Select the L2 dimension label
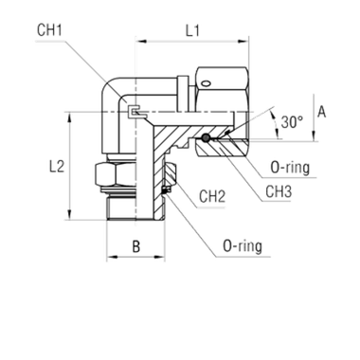(58, 165)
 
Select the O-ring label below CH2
(244, 248)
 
